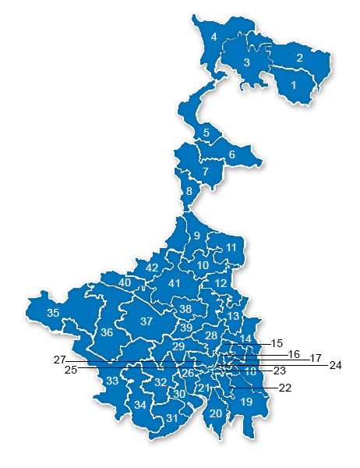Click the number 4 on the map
point(213,37)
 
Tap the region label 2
point(298,58)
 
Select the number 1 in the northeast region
point(294,83)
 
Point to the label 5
point(206,133)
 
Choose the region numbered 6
point(231,154)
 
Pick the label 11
point(231,247)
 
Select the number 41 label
point(175,283)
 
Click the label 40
point(124,282)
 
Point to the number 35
point(53,313)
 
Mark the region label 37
point(146,321)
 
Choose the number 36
point(107,332)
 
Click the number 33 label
point(113,381)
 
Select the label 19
point(246,402)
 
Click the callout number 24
point(336,364)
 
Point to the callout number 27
point(59,360)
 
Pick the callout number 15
point(277,342)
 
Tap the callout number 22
point(284,388)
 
